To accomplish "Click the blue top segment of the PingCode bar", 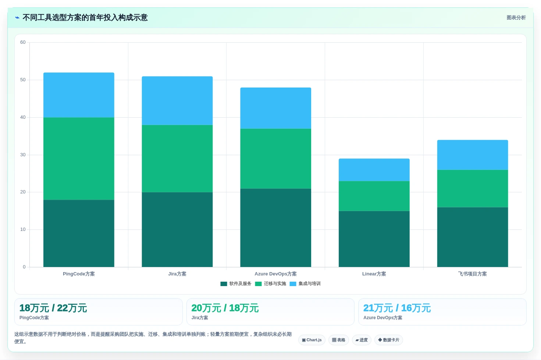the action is click(79, 95).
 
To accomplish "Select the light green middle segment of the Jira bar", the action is click(177, 158).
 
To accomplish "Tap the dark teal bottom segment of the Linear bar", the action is click(374, 239).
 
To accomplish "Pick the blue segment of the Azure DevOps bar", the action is click(275, 108).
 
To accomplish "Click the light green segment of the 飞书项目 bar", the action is click(472, 188).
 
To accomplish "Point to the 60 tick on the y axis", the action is click(23, 42).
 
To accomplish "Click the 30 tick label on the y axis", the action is click(23, 154).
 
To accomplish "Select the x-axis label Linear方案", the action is click(374, 274).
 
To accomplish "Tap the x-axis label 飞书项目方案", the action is click(472, 274).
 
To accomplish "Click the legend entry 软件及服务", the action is click(236, 284).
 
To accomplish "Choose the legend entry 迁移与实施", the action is click(271, 284).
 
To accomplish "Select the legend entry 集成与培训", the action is click(305, 284).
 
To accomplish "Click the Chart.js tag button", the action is click(312, 340).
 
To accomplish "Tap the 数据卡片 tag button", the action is click(389, 340).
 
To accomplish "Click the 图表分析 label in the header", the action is click(516, 18).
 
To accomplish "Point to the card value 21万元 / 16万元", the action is click(397, 308).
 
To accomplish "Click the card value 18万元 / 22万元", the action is click(53, 308).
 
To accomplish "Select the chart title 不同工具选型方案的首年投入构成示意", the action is click(85, 18).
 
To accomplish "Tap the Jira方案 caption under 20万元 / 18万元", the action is click(200, 318).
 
